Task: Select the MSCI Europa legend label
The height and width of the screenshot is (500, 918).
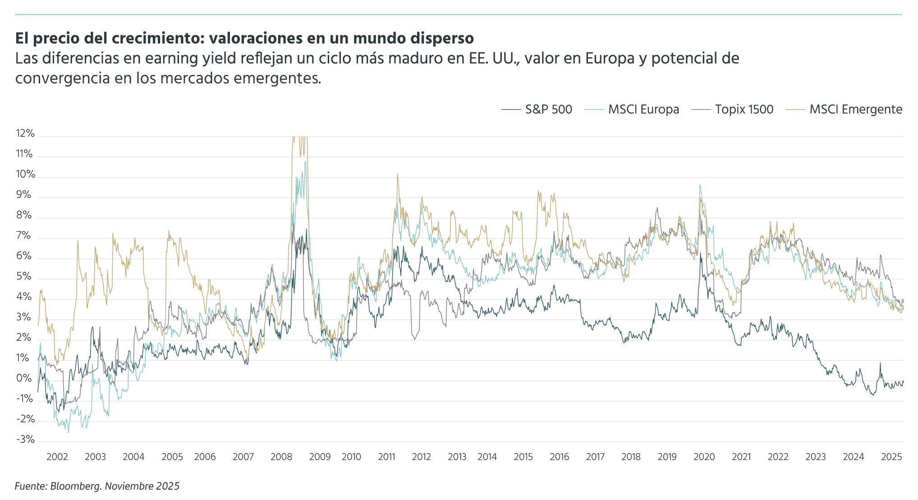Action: (x=643, y=110)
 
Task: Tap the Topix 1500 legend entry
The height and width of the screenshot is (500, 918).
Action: (x=744, y=110)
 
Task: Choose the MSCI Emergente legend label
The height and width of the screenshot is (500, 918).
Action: (x=855, y=110)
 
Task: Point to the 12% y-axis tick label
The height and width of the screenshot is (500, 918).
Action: (x=25, y=133)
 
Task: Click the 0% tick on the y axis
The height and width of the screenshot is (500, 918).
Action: (x=24, y=378)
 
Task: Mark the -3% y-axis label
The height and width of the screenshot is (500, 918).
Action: (x=25, y=440)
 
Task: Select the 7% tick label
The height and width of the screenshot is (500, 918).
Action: (x=24, y=236)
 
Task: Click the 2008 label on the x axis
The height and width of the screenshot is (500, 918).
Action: (x=281, y=457)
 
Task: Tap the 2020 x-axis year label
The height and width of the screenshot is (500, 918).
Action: (x=704, y=457)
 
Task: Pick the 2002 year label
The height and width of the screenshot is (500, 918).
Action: (x=57, y=457)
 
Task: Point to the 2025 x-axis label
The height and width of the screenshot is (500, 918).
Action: (x=891, y=457)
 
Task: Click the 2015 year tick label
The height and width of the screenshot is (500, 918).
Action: (x=523, y=457)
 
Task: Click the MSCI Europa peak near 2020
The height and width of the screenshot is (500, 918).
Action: (x=700, y=185)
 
